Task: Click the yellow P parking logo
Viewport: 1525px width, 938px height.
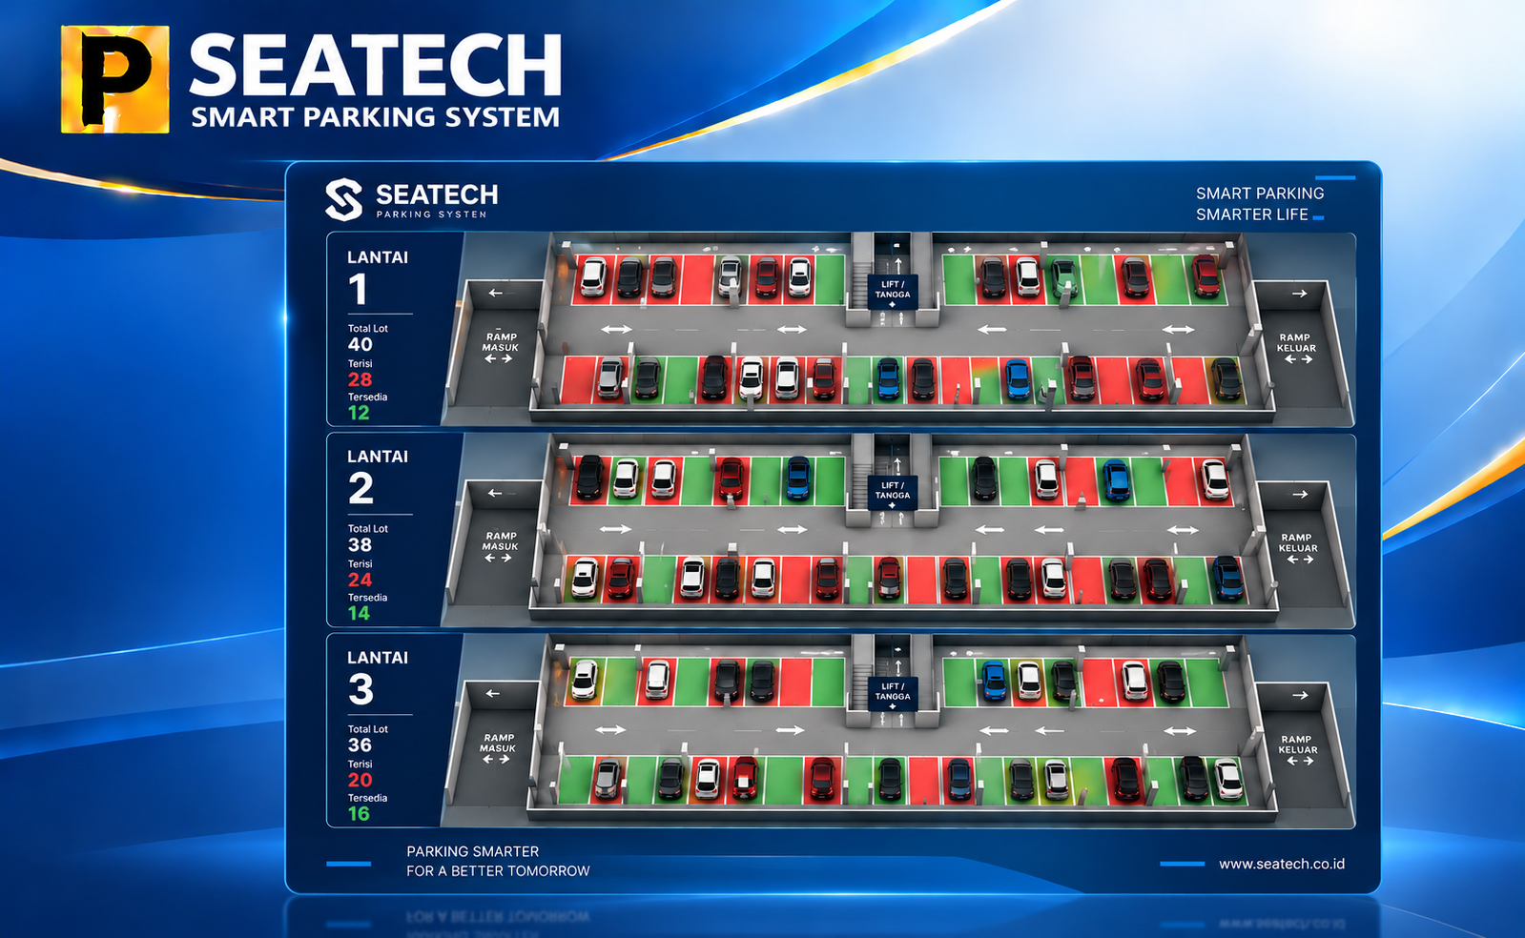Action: point(115,79)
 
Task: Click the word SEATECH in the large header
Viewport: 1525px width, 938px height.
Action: point(375,66)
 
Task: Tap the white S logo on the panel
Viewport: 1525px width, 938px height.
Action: point(343,199)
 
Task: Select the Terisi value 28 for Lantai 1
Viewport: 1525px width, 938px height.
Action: point(361,379)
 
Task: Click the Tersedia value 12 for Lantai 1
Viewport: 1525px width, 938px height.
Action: point(359,413)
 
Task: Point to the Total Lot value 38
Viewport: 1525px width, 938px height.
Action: point(361,544)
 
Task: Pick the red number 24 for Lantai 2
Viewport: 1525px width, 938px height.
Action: point(361,580)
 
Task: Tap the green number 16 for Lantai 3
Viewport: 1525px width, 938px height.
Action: point(359,813)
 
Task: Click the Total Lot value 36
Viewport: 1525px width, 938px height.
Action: point(361,744)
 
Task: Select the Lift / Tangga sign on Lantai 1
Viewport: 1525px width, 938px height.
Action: point(893,292)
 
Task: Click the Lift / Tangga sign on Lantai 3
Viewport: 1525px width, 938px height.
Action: point(893,694)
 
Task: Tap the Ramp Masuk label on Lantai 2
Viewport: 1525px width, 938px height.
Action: point(501,541)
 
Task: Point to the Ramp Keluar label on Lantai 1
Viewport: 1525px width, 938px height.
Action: point(1295,342)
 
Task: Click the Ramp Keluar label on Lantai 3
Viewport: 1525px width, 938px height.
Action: point(1298,744)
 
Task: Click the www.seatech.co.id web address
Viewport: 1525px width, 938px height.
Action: point(1281,864)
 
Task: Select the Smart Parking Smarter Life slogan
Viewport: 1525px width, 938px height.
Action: point(1260,204)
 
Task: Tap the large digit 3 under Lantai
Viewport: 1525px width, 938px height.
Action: point(361,689)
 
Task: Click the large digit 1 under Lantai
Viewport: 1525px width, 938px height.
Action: point(359,289)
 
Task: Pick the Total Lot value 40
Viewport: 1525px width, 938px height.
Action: point(361,344)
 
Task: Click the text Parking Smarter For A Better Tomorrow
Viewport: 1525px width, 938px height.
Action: point(498,861)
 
